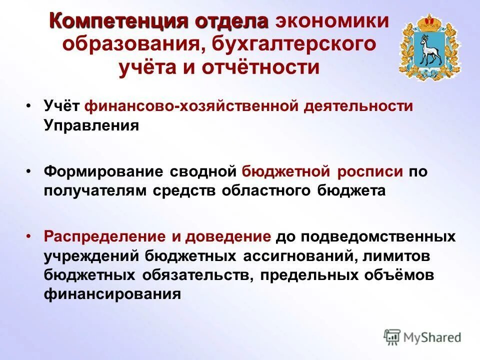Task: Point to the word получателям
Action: click(95, 190)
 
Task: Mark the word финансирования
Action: click(112, 293)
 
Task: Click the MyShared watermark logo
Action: click(422, 337)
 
